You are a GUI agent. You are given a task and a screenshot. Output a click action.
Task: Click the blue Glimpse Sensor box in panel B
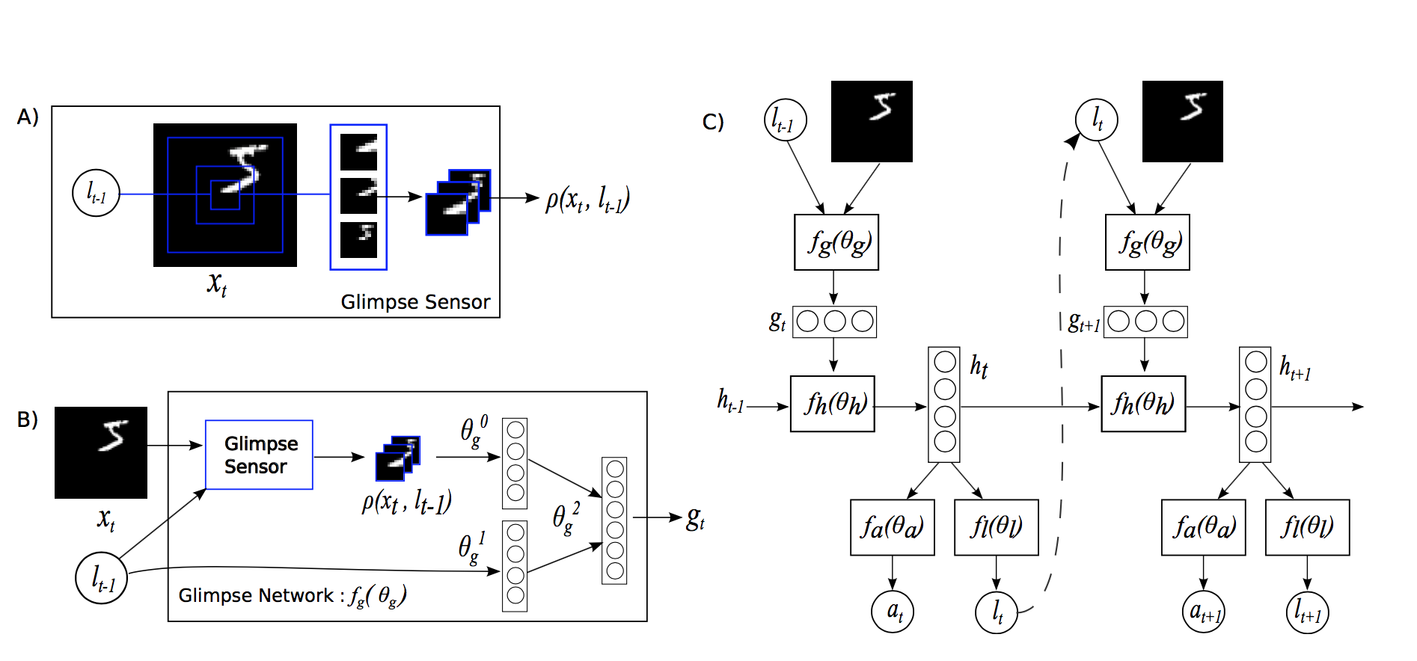pos(259,455)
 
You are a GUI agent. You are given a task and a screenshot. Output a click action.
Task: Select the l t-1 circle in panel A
pos(96,193)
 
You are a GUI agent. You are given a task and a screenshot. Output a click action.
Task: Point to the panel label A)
pos(28,117)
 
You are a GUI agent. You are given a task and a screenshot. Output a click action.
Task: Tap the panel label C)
pos(713,121)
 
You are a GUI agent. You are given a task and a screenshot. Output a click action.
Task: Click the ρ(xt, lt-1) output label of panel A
pos(587,199)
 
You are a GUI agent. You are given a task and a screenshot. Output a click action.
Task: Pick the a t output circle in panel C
pos(893,612)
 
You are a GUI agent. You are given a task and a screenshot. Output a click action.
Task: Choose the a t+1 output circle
pos(1203,612)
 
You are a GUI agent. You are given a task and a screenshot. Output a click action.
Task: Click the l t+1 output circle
pos(1307,612)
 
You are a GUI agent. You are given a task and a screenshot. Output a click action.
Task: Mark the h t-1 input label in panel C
pos(730,402)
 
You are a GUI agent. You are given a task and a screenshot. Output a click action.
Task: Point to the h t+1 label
pos(1295,368)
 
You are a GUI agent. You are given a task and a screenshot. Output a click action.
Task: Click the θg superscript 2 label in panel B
pos(566,517)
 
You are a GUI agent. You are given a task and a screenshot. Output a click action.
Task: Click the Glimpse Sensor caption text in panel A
pos(415,302)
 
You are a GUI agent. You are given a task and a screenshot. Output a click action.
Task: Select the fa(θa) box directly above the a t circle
pos(892,527)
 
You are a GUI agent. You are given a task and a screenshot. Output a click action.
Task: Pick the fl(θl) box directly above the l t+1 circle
pos(1307,527)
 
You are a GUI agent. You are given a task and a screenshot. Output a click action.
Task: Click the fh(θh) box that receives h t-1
pos(833,404)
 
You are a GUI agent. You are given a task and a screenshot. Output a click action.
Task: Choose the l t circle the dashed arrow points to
pos(1096,120)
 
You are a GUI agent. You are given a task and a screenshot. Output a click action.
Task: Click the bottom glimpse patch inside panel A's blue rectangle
pos(358,239)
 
